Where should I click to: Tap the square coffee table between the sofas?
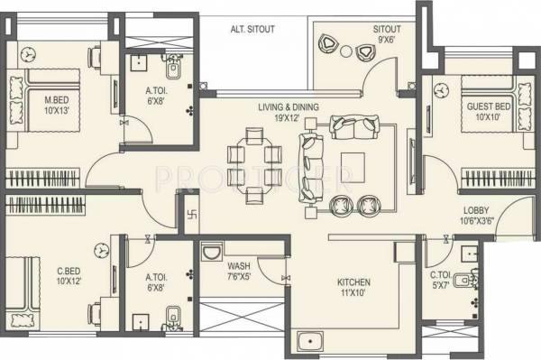pos(353,166)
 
